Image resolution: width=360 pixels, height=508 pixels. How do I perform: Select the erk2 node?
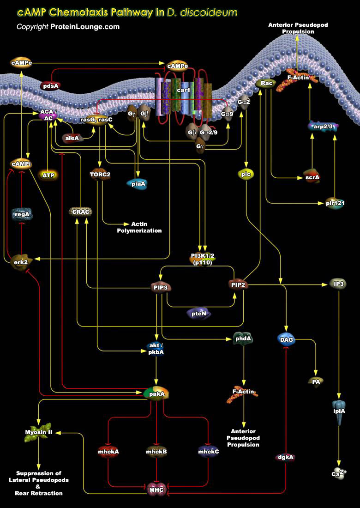[x=19, y=261]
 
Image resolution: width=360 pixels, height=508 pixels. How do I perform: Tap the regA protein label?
[x=21, y=214]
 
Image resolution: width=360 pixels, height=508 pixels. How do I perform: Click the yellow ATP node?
[x=48, y=175]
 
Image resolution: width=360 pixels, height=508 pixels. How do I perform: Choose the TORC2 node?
[x=100, y=175]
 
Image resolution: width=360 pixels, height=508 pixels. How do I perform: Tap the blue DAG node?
[x=286, y=339]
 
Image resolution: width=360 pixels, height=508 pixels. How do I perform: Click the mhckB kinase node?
[x=156, y=451]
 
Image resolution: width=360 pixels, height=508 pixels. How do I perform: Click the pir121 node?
[x=335, y=203]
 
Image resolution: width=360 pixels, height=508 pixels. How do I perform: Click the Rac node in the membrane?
[x=266, y=84]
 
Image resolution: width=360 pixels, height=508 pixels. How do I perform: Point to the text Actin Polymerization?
[x=139, y=227]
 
